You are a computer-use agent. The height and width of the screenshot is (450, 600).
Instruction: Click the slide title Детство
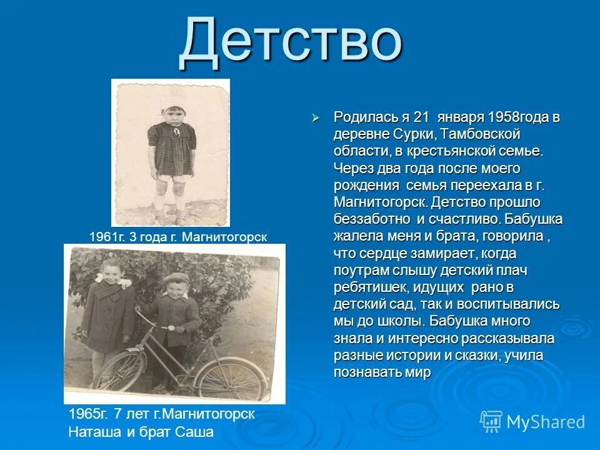[x=289, y=42]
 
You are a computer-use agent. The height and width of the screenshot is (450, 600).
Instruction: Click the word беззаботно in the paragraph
[x=372, y=219]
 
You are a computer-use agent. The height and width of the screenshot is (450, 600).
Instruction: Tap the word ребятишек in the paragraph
[x=364, y=287]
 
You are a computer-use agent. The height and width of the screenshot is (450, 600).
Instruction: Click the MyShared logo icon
[x=491, y=421]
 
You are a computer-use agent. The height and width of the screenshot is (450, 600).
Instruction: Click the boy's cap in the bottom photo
[x=174, y=279]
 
